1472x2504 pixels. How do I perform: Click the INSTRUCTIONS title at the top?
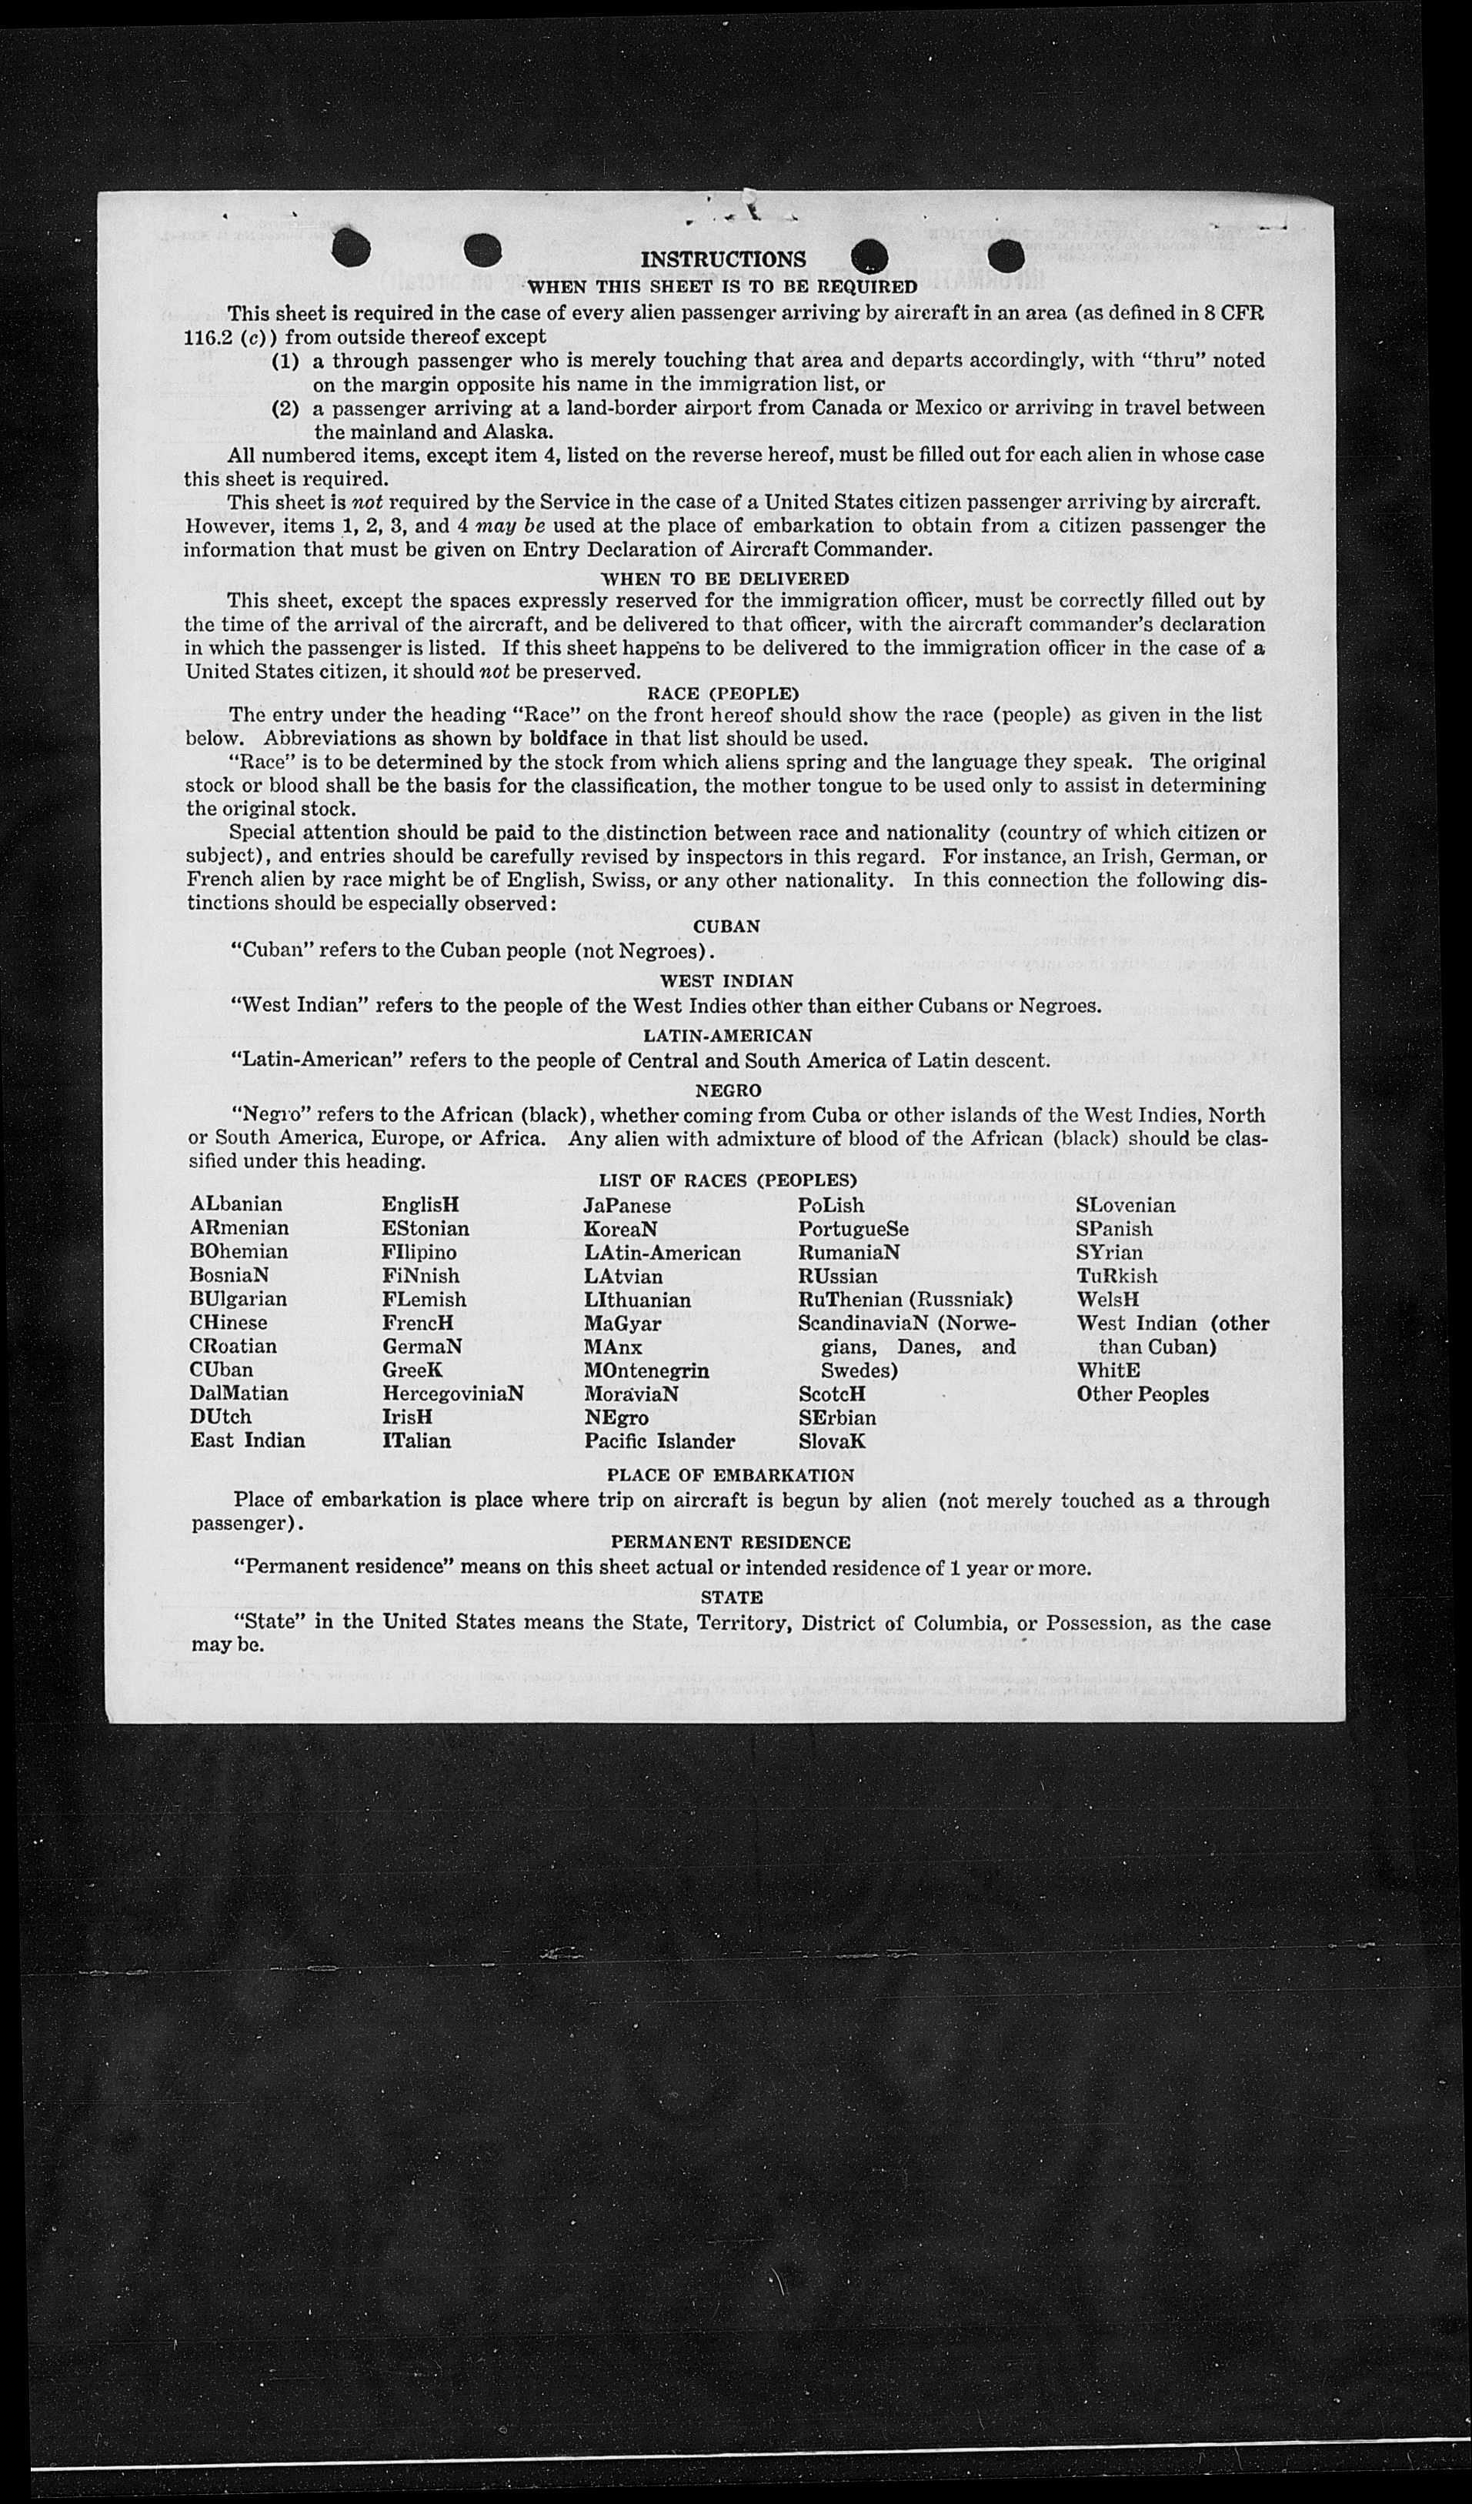pyautogui.click(x=723, y=260)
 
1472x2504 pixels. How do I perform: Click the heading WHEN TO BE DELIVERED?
pyautogui.click(x=726, y=579)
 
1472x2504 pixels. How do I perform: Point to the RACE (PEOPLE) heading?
pyautogui.click(x=723, y=693)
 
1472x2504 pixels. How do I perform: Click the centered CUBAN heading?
pyautogui.click(x=726, y=926)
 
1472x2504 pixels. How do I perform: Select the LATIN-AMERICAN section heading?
pyautogui.click(x=728, y=1037)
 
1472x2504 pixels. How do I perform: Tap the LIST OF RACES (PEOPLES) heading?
pyautogui.click(x=728, y=1180)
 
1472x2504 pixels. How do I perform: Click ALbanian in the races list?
pyautogui.click(x=235, y=1204)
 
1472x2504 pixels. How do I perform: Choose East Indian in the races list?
pyautogui.click(x=248, y=1441)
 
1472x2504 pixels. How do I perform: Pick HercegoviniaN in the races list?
pyautogui.click(x=452, y=1393)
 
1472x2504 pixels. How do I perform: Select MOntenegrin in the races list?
pyautogui.click(x=646, y=1371)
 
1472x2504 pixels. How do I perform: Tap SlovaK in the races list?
pyautogui.click(x=832, y=1441)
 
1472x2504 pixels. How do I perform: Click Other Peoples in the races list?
pyautogui.click(x=1142, y=1394)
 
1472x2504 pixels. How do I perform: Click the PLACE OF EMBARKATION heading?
pyautogui.click(x=729, y=1476)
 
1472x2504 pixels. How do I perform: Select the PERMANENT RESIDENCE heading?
pyautogui.click(x=730, y=1542)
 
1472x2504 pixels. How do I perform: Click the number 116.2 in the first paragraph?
pyautogui.click(x=209, y=337)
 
